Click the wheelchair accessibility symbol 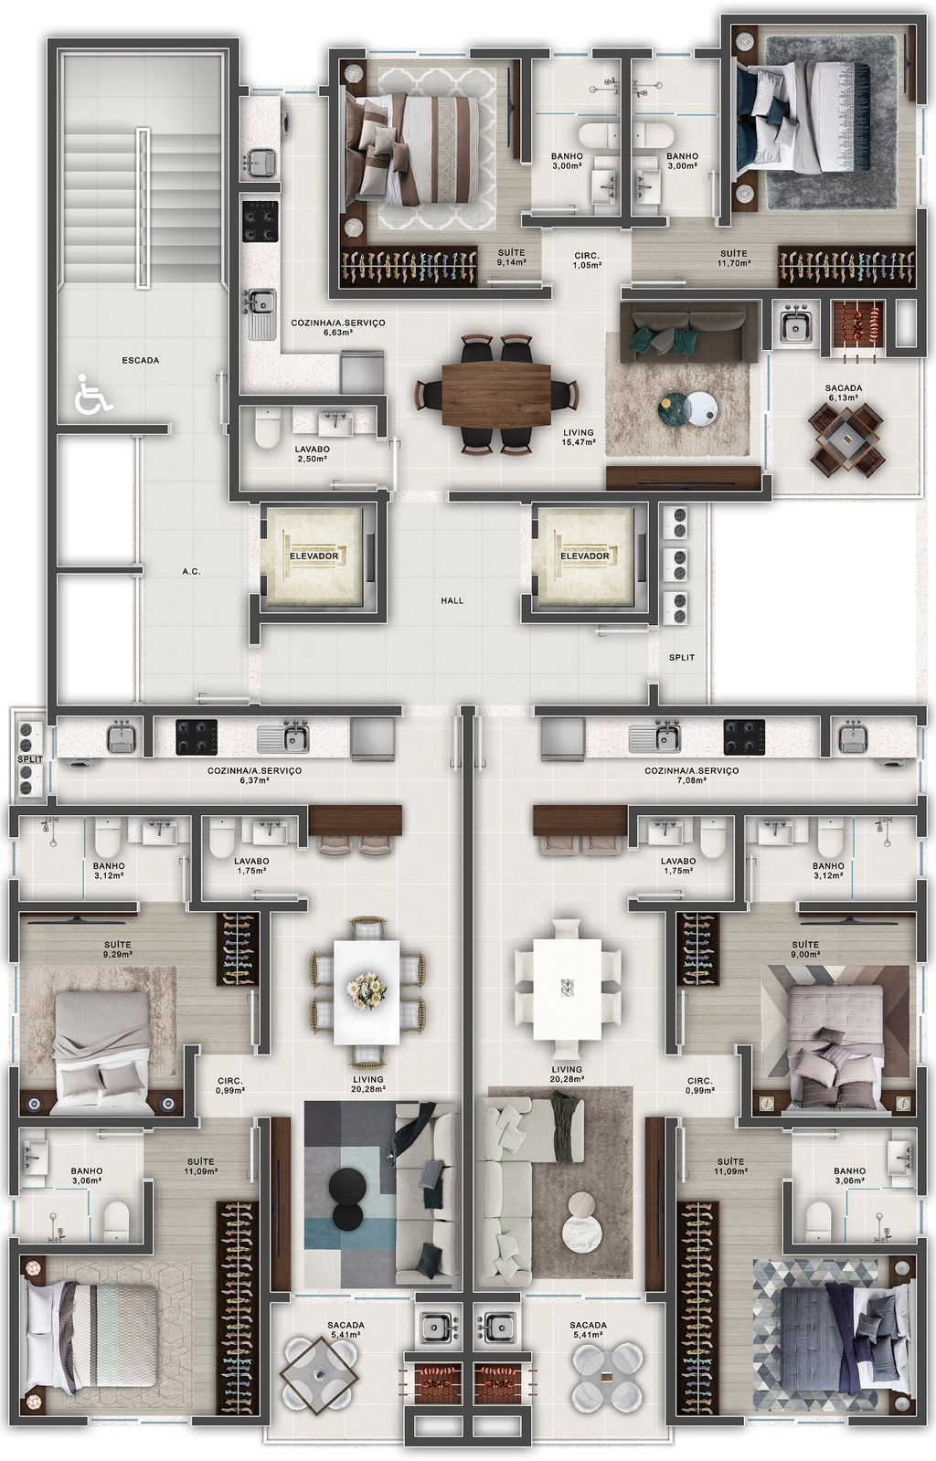click(x=93, y=395)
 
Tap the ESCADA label click(x=141, y=360)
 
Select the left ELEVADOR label click(x=314, y=556)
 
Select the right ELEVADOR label click(x=585, y=556)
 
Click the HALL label click(x=452, y=600)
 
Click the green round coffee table click(x=675, y=409)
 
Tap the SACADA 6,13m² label click(x=844, y=393)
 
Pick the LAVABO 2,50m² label click(x=312, y=454)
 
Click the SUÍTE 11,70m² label click(x=734, y=259)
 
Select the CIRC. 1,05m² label click(x=587, y=261)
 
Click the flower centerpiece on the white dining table click(x=367, y=990)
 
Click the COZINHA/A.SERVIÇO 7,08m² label click(x=692, y=775)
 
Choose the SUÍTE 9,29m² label click(x=118, y=949)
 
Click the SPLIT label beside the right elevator click(x=682, y=658)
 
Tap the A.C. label click(x=191, y=571)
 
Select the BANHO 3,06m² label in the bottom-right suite click(x=849, y=1175)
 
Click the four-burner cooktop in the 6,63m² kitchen click(x=261, y=220)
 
